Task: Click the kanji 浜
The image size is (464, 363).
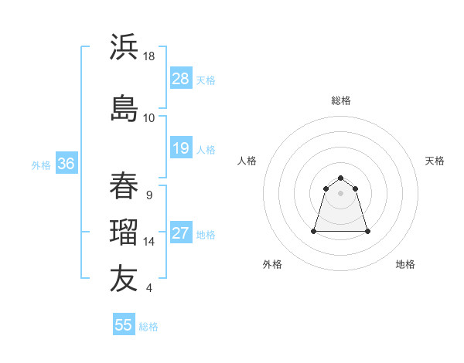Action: (124, 47)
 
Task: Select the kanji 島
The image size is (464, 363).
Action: (124, 107)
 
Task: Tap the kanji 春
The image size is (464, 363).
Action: (124, 186)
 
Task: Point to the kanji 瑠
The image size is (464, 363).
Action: (124, 232)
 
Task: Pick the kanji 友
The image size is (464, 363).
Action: (124, 279)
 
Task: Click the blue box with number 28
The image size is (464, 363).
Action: (180, 79)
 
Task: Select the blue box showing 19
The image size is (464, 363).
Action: (180, 148)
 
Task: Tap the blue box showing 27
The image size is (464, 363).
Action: (180, 234)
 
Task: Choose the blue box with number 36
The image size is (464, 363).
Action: (66, 164)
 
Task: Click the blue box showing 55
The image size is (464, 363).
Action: (124, 325)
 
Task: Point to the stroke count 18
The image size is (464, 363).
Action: (150, 56)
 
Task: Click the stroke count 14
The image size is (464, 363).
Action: (150, 242)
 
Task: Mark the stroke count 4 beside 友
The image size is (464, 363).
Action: (148, 288)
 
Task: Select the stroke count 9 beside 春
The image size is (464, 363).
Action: (148, 195)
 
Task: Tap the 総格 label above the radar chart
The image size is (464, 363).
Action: (340, 100)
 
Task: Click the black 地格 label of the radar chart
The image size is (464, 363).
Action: (405, 264)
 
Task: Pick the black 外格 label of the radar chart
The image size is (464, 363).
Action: (272, 264)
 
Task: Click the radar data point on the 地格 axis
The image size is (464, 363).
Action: (367, 231)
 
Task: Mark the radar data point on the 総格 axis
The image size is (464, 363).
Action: (340, 175)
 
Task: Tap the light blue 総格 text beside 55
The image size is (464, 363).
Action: (148, 327)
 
